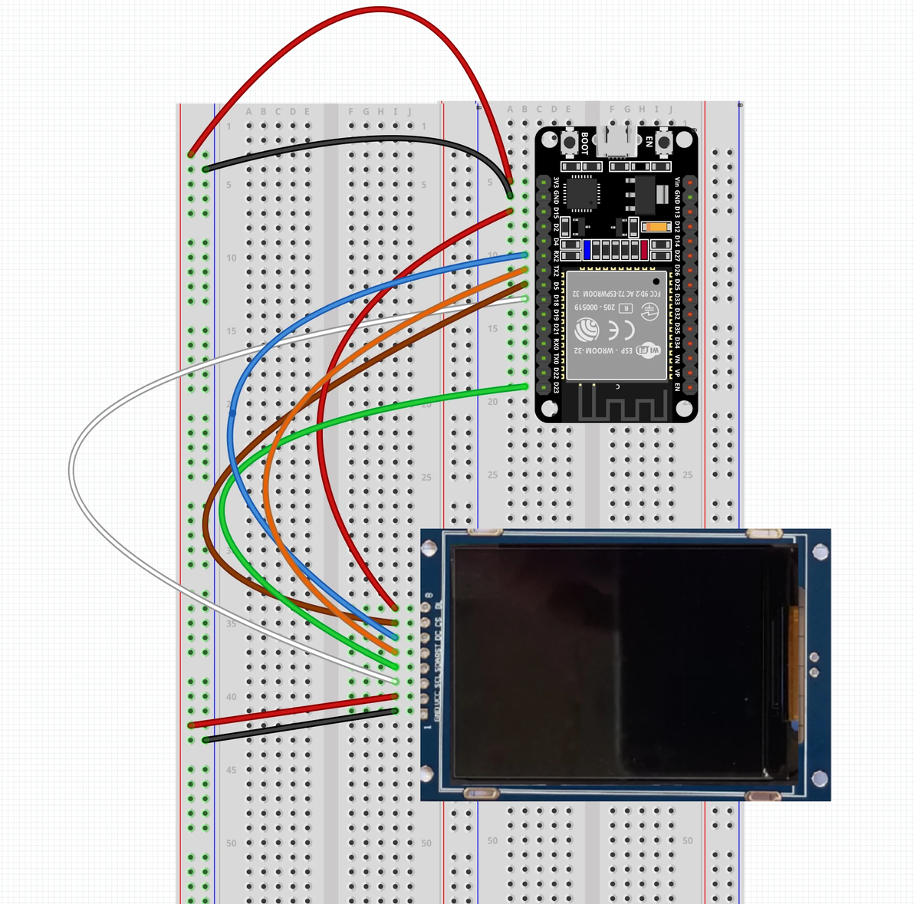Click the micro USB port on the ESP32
616,143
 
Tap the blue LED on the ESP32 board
587,249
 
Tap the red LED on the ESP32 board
644,249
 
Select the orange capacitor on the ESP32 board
656,227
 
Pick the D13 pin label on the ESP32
677,212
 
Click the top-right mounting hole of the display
820,551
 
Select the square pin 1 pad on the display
424,714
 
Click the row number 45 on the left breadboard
232,770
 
